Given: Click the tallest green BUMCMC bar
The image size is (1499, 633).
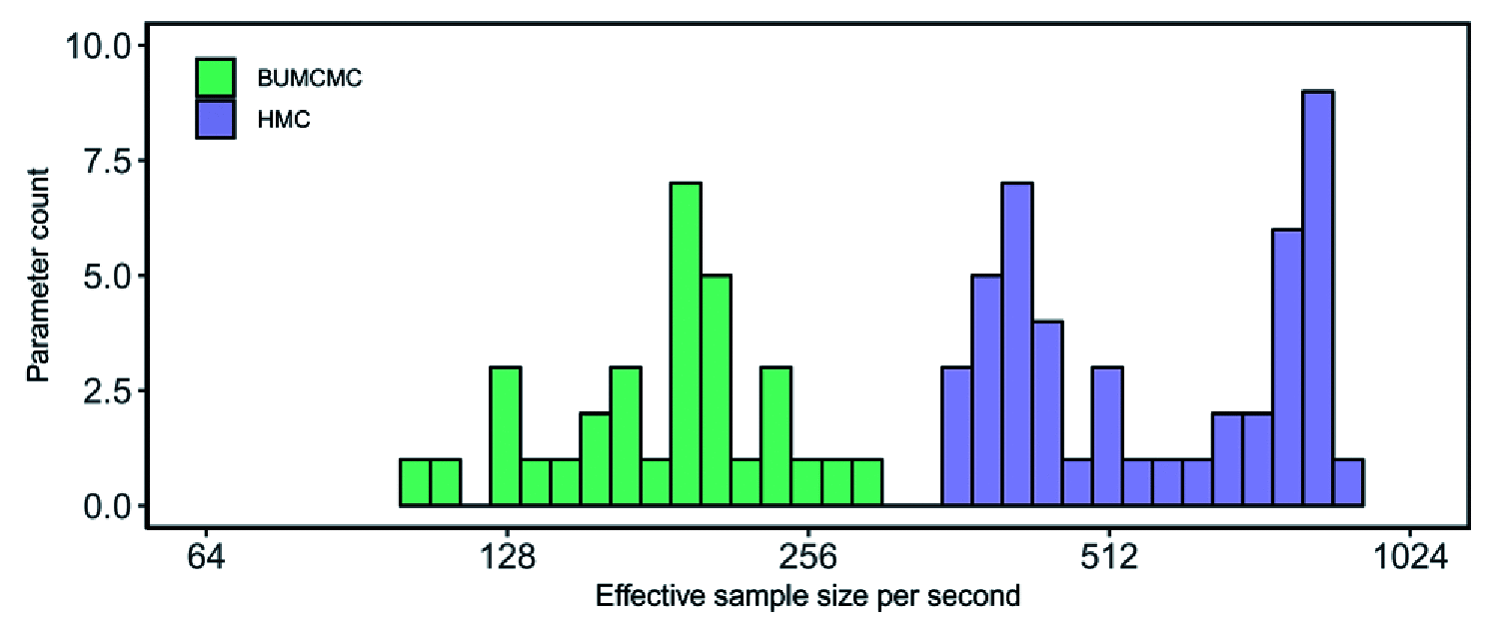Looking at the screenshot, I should point(686,344).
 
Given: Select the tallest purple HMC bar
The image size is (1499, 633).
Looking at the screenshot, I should point(1317,299).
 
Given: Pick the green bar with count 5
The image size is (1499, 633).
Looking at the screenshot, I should point(716,390).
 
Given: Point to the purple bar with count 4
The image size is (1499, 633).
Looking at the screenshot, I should point(1047,413).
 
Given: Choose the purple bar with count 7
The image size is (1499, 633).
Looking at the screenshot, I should point(1016,344).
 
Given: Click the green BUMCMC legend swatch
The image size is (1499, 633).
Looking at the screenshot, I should point(215,77).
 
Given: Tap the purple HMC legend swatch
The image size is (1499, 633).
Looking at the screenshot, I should point(215,119).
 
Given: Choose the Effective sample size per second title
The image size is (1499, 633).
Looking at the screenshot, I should point(807,597).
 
